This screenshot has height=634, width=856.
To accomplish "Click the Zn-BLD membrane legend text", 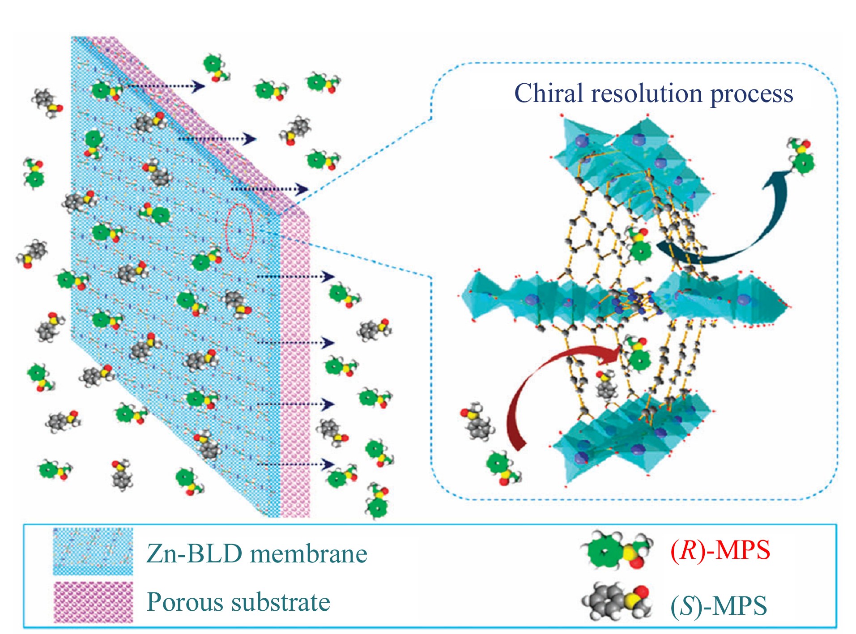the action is pyautogui.click(x=257, y=553).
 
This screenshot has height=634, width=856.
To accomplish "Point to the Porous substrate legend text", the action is pyautogui.click(x=238, y=601).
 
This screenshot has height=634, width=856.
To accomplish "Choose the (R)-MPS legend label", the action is pyautogui.click(x=720, y=549).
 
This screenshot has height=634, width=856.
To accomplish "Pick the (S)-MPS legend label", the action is pyautogui.click(x=719, y=606).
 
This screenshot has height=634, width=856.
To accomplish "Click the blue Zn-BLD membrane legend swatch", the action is pyautogui.click(x=93, y=552).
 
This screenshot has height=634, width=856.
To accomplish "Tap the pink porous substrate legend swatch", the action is pyautogui.click(x=93, y=602).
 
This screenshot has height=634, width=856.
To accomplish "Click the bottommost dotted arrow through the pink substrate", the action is pyautogui.click(x=296, y=464).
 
